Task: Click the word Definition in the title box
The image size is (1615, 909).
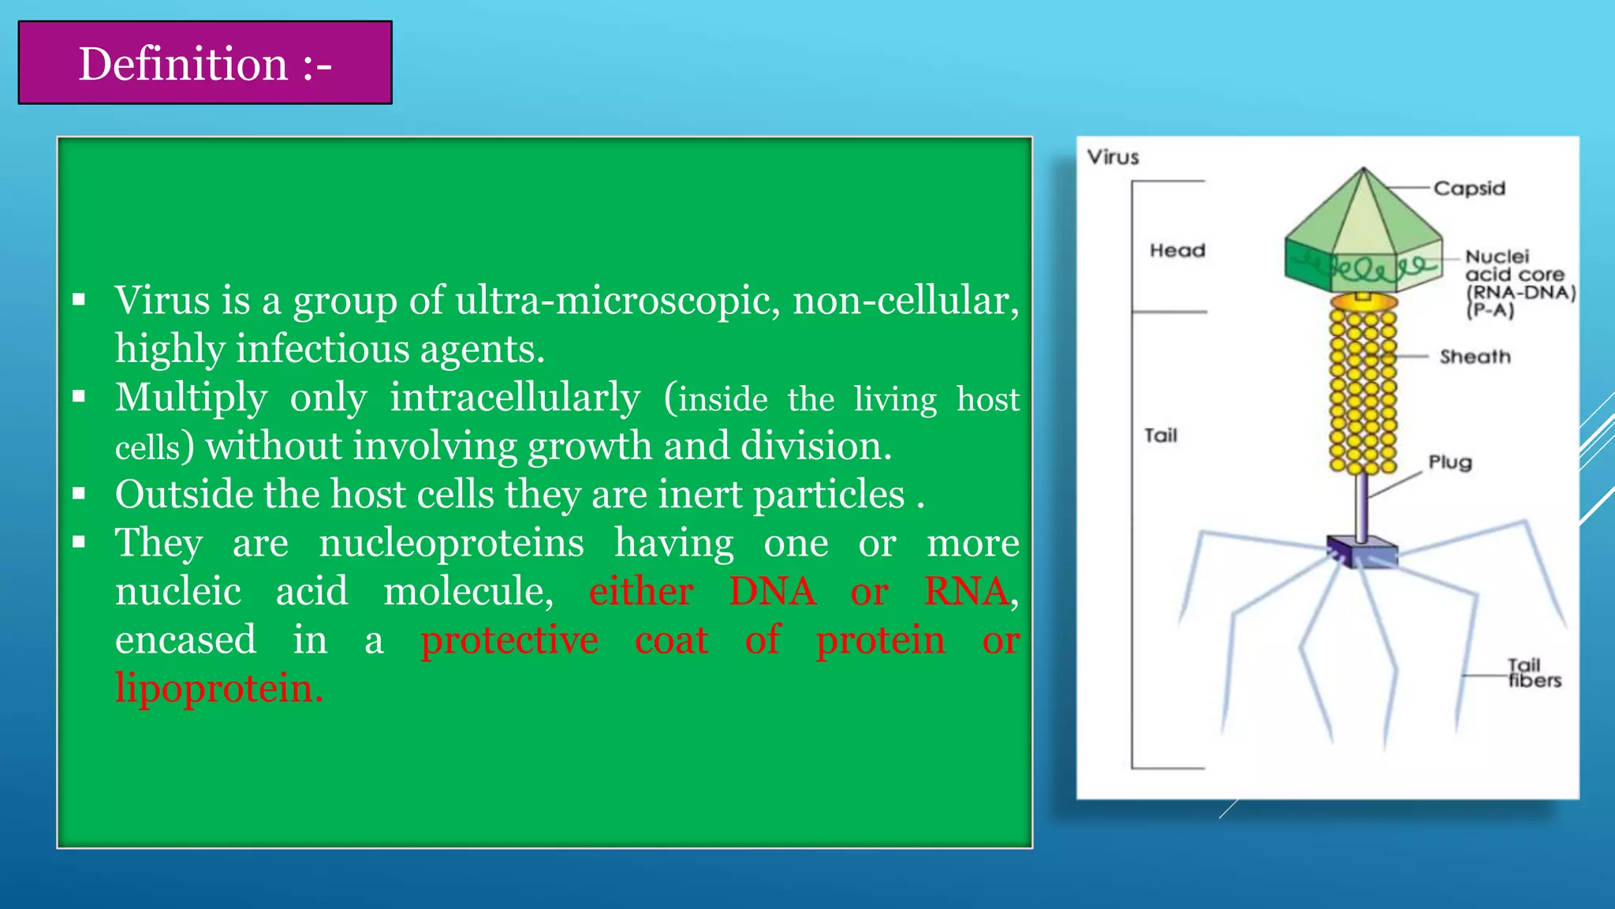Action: click(x=183, y=64)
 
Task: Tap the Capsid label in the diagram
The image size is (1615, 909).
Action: click(x=1469, y=189)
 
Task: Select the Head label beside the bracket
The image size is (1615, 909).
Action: click(x=1177, y=251)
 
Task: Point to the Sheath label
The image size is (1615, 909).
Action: click(x=1475, y=357)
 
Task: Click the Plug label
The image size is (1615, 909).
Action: click(x=1450, y=462)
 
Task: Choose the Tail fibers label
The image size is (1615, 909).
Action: click(x=1534, y=673)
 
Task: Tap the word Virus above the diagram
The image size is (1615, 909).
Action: click(x=1113, y=158)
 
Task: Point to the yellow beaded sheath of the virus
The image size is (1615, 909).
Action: click(x=1363, y=391)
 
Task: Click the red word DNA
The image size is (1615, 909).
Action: click(x=772, y=592)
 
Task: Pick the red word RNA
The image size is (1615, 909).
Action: click(x=966, y=592)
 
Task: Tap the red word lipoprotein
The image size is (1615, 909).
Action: click(x=218, y=689)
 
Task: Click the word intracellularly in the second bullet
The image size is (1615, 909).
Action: click(x=515, y=398)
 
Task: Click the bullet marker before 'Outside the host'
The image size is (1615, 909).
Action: click(x=79, y=495)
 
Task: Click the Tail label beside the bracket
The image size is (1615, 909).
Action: click(x=1160, y=436)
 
